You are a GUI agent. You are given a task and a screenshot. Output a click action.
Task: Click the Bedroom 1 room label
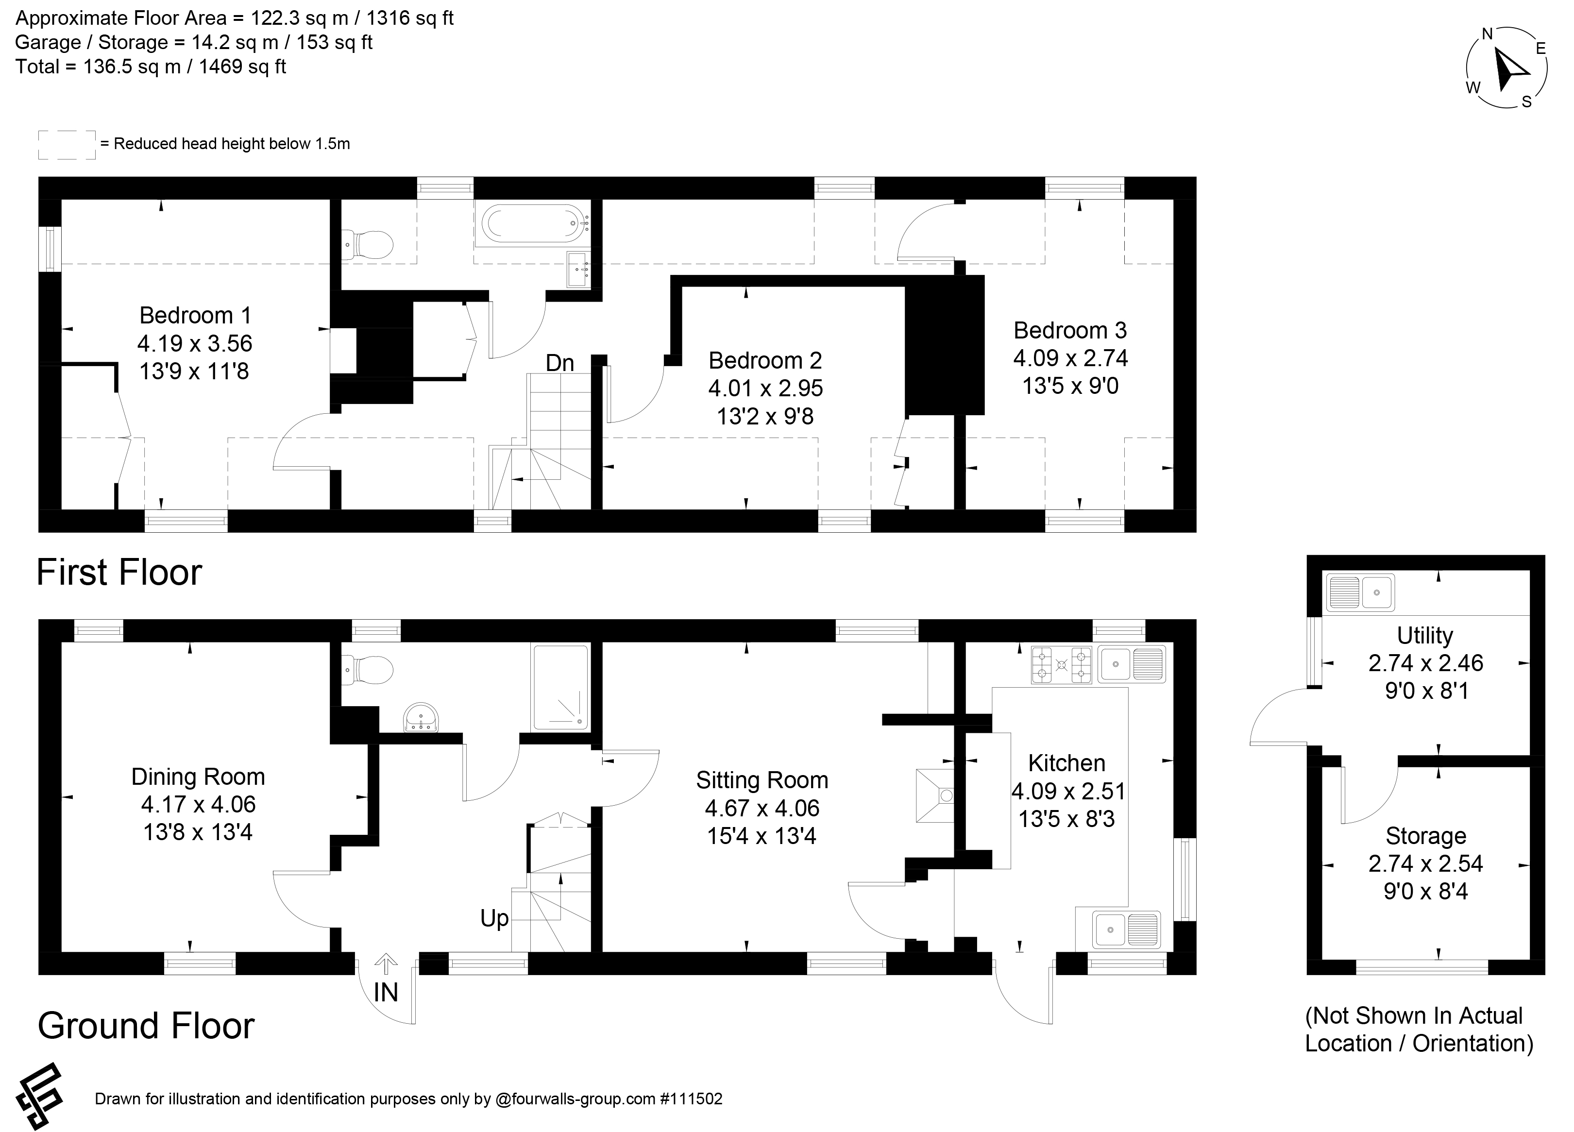(195, 315)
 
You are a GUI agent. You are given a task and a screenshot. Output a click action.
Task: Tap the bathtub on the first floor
(532, 224)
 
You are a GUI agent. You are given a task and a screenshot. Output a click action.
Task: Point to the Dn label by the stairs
(559, 362)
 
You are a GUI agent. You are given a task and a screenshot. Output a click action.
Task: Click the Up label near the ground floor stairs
(494, 918)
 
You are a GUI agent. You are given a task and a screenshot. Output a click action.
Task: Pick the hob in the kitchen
(1061, 665)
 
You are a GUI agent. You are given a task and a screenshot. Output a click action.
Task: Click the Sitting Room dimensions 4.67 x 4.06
(762, 808)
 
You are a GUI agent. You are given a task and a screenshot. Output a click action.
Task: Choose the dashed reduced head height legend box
(67, 144)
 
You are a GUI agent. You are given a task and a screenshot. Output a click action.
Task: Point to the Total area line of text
(151, 67)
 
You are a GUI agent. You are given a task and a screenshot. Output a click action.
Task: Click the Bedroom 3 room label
(1070, 330)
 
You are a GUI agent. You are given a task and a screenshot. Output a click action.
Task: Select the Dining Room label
(199, 777)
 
